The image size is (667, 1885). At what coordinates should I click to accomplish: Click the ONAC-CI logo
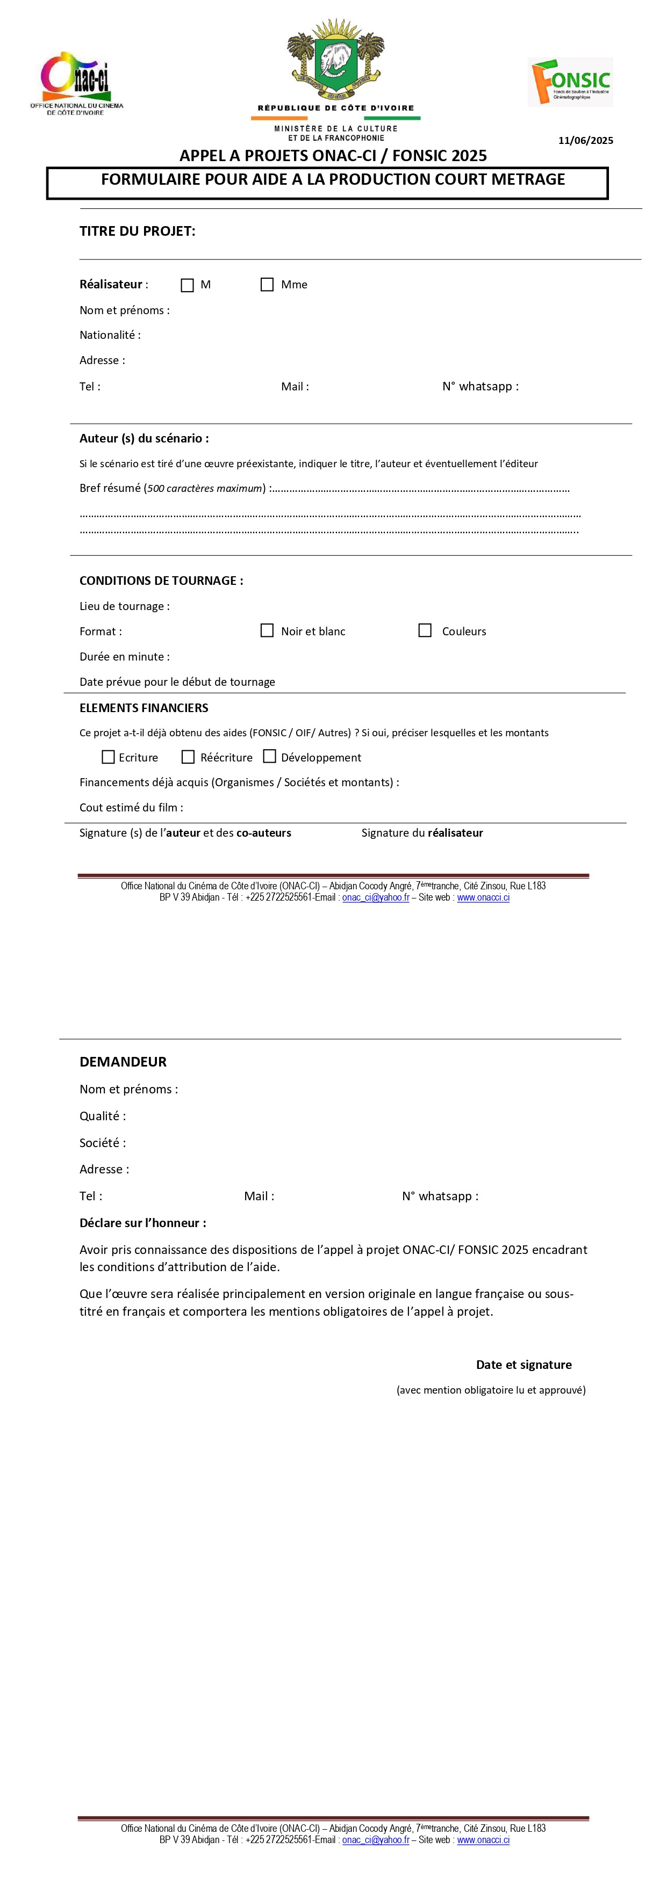pos(76,83)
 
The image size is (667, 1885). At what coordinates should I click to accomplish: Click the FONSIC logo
pos(570,82)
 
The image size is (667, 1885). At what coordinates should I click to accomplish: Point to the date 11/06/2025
pos(585,141)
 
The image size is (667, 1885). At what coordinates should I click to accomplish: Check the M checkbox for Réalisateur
pos(188,285)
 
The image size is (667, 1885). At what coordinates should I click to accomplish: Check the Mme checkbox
pos(267,284)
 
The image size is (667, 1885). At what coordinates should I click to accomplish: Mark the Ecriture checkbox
pos(109,757)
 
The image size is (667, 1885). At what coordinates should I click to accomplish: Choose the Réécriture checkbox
pos(188,757)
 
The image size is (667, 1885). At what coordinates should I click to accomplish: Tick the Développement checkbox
pos(269,756)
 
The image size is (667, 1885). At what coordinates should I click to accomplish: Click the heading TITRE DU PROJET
pos(137,231)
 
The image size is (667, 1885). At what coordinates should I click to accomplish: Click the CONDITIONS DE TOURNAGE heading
pos(161,581)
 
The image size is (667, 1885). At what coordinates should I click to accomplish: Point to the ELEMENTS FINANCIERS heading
pos(144,708)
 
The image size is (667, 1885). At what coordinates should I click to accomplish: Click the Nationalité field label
pos(110,335)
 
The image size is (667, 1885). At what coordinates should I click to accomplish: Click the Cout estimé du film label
pos(131,807)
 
